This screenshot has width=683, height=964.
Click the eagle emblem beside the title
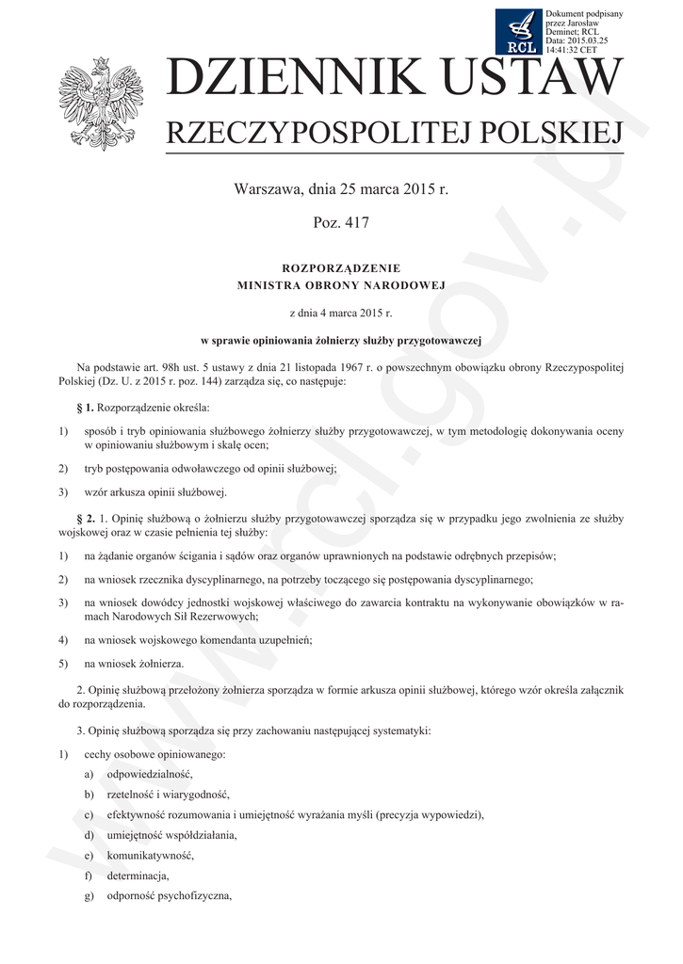(101, 104)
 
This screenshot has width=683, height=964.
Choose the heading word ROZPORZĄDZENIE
(341, 268)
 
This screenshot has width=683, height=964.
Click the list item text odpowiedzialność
(149, 773)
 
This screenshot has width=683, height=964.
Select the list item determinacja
(138, 875)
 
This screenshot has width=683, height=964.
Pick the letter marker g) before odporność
(89, 895)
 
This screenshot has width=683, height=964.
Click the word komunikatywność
(150, 855)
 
